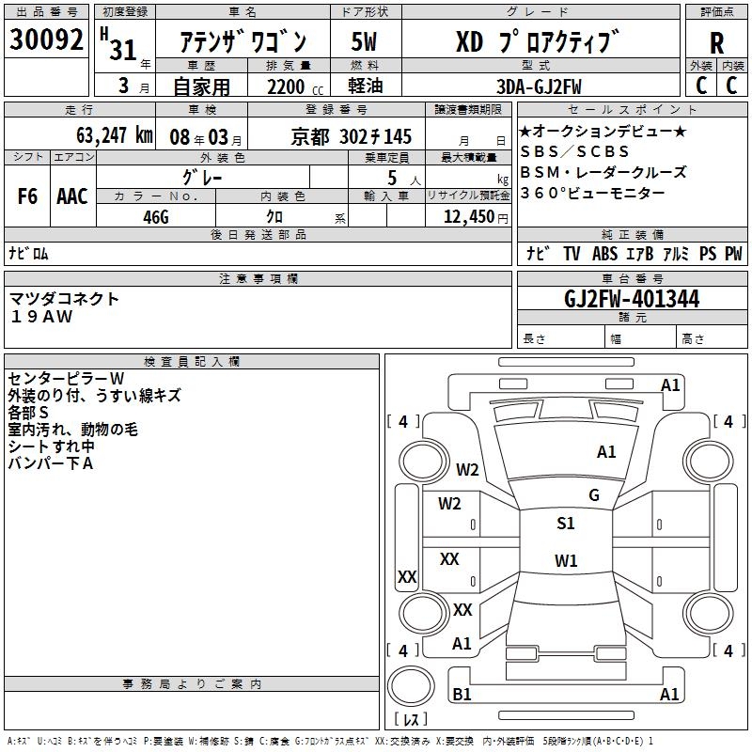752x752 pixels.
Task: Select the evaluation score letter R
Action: (x=716, y=43)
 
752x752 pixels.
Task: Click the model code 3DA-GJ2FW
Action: (x=539, y=86)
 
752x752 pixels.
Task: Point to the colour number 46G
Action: (x=155, y=216)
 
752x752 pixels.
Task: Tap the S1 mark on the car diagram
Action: (x=565, y=524)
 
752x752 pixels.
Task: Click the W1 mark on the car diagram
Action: (x=565, y=561)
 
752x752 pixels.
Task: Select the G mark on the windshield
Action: (x=594, y=495)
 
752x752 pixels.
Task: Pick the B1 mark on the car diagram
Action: (x=462, y=694)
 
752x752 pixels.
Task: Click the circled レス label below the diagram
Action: (x=411, y=720)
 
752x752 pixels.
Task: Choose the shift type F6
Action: (x=27, y=196)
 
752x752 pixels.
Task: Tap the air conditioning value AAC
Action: (x=72, y=196)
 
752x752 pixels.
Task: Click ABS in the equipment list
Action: (x=604, y=254)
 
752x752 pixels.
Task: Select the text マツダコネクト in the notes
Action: (x=65, y=299)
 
